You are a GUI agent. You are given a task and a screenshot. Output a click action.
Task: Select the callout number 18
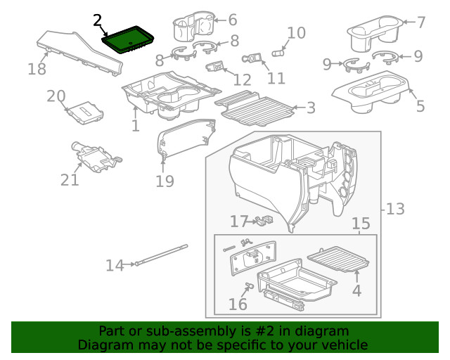click(37, 69)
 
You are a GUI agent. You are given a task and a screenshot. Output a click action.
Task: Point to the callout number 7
click(421, 22)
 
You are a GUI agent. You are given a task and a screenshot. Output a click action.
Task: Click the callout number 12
click(242, 80)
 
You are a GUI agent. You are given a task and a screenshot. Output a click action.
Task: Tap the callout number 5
click(420, 107)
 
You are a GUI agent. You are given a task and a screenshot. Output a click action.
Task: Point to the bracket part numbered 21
click(94, 155)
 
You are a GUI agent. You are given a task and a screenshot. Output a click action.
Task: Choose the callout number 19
click(164, 182)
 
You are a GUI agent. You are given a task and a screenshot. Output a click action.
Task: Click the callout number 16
click(238, 304)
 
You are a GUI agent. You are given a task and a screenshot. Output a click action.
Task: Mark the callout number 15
click(361, 224)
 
